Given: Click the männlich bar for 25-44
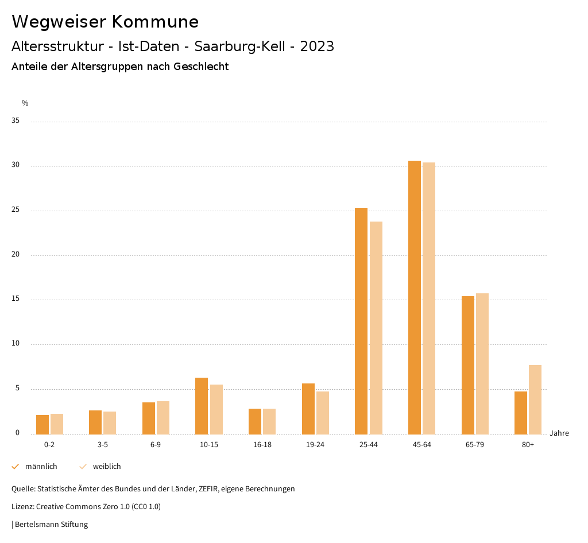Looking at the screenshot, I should (361, 321).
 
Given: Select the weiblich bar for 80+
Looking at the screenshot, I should (535, 400).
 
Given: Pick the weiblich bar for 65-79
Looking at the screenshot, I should (482, 364).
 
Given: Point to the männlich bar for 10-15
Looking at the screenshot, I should (202, 406).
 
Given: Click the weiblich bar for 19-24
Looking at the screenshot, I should (323, 413).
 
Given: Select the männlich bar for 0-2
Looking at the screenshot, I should (42, 424).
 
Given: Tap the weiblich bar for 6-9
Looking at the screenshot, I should (163, 417).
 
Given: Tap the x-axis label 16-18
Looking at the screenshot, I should (262, 445).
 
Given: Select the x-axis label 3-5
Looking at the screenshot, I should (103, 445).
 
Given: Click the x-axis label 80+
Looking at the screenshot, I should (528, 445).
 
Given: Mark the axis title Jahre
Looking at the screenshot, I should (559, 433).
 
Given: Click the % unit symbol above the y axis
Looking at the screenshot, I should (25, 103).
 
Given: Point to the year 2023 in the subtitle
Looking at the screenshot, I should (317, 46).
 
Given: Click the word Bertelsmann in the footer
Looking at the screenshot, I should (37, 524).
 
